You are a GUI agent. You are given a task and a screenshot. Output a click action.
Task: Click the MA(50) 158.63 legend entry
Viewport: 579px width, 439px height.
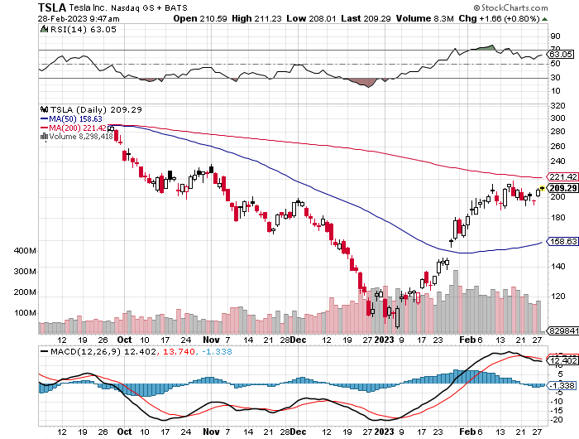79,118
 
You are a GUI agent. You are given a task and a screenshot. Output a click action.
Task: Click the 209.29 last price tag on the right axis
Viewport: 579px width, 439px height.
561,188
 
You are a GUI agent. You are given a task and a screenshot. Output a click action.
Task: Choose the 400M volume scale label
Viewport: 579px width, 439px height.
26,250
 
